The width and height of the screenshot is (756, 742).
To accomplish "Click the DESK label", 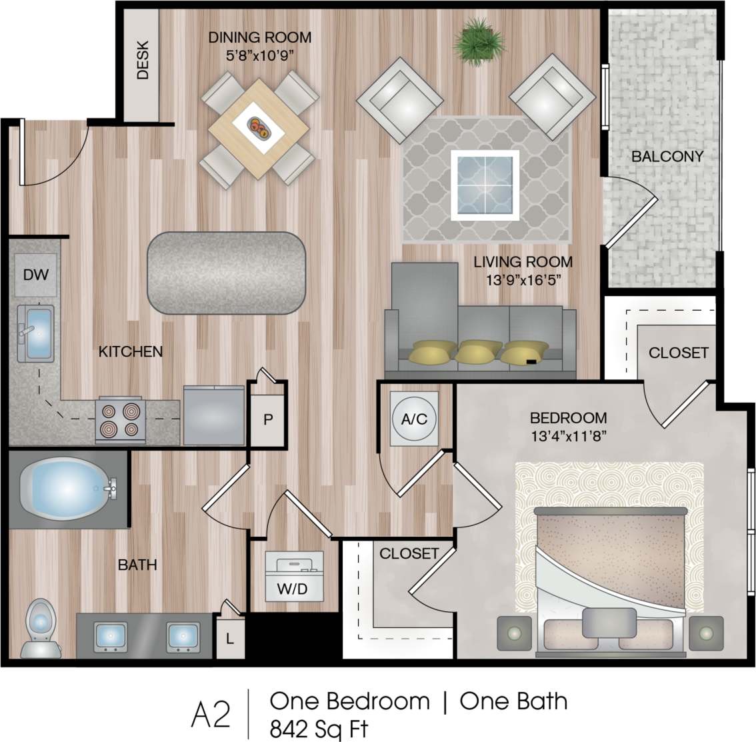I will tap(143, 61).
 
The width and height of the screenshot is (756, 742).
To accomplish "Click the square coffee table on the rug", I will tap(485, 185).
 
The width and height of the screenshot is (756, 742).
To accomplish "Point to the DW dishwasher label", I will tap(35, 274).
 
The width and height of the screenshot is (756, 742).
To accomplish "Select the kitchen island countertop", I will tap(227, 272).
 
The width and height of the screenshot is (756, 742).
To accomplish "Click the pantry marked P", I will tap(268, 419).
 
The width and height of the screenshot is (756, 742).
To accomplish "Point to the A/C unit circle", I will tap(413, 419).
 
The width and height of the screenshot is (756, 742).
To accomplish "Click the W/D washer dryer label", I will tap(293, 589).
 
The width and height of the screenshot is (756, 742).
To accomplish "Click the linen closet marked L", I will tap(229, 638).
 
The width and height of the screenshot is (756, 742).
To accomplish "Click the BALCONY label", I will tap(667, 157).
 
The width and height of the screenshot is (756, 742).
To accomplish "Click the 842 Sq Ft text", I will tap(319, 729).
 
